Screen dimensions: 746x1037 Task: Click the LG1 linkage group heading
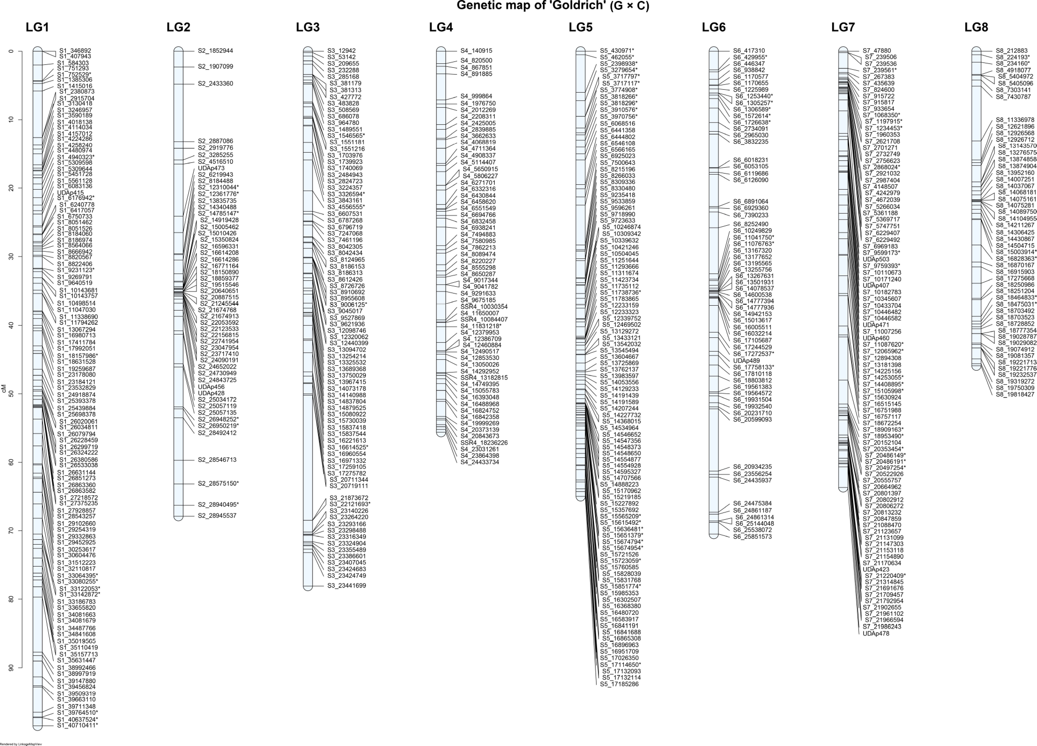(x=37, y=27)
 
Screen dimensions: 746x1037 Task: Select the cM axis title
(x=4, y=389)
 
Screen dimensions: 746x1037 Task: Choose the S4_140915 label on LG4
(x=476, y=51)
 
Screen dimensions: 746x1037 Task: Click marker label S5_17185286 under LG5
(x=619, y=684)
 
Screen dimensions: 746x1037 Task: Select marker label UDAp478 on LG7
(x=876, y=634)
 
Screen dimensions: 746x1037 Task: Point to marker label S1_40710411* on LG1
(x=77, y=725)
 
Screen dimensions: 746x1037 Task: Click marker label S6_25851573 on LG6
(x=752, y=537)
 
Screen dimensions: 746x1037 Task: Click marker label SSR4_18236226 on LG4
(x=484, y=443)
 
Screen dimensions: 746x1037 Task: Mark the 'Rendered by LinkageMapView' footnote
(x=21, y=744)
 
